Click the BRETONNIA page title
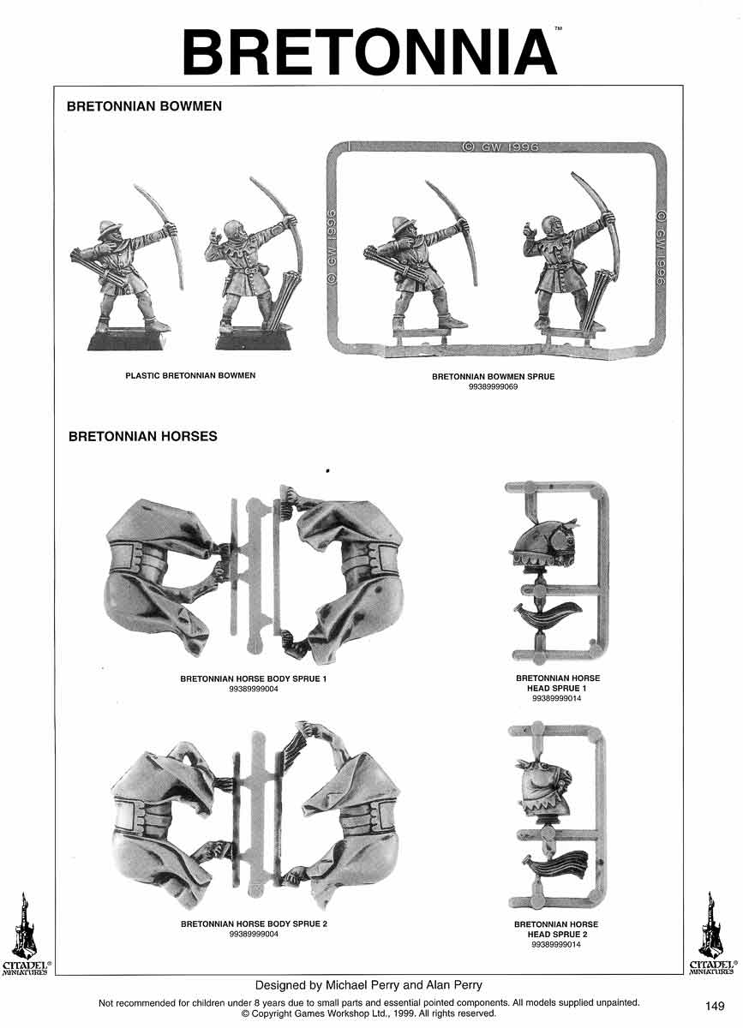pos(369,52)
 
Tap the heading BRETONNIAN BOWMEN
pos(144,106)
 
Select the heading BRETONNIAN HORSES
pos(143,436)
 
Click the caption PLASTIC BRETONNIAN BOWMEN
pos(190,375)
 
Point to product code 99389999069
pos(493,387)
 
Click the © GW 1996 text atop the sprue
pos(500,147)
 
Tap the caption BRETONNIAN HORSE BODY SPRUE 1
pos(253,678)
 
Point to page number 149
pos(715,1006)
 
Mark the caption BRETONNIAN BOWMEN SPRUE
pos(493,377)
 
